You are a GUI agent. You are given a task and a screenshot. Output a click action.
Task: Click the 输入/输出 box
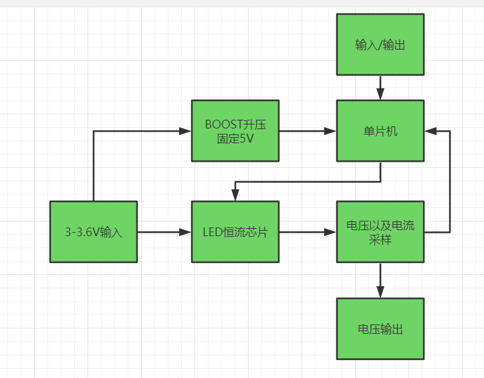click(x=380, y=45)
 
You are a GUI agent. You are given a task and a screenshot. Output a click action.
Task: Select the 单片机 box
click(x=380, y=130)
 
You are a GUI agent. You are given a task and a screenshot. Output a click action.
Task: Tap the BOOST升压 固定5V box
click(x=235, y=130)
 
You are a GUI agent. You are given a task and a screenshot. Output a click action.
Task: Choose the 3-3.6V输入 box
click(x=94, y=231)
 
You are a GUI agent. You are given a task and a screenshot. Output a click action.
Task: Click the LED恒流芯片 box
click(x=235, y=231)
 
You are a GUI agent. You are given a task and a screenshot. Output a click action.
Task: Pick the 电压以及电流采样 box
click(x=380, y=231)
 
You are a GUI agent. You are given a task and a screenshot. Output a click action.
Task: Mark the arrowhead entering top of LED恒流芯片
click(x=235, y=195)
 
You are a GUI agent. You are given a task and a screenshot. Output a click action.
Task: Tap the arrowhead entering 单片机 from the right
click(x=430, y=130)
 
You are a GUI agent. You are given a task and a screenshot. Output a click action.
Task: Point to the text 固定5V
click(x=235, y=138)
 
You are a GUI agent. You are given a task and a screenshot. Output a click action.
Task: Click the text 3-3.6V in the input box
click(x=82, y=232)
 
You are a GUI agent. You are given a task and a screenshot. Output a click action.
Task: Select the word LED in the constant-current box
click(x=211, y=232)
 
